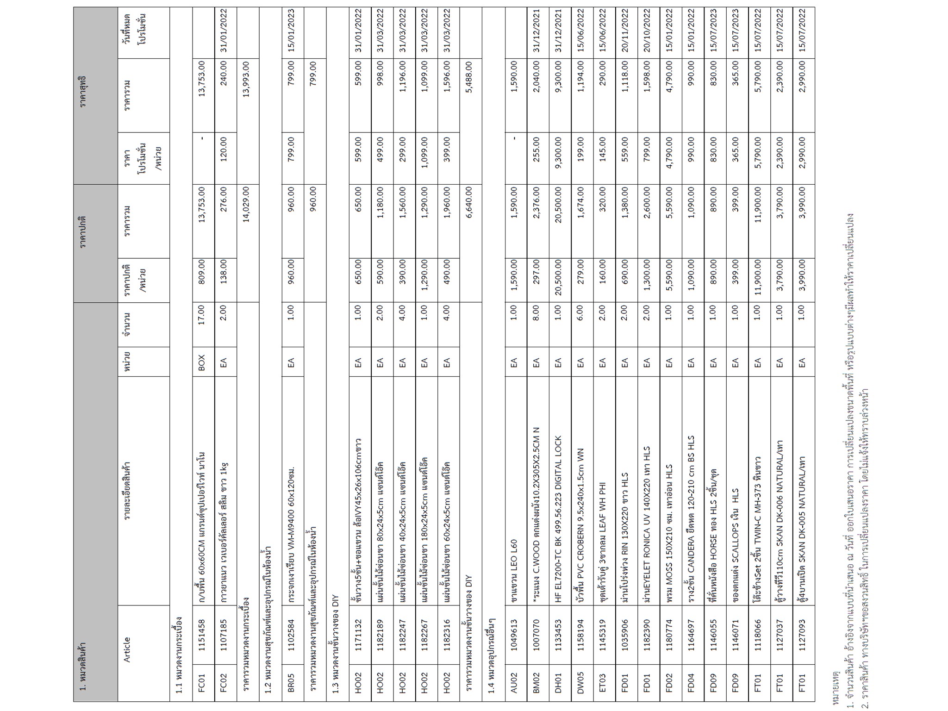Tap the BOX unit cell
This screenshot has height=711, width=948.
[x=202, y=361]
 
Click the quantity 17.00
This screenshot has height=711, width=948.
[x=202, y=324]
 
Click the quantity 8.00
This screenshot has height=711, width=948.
[x=536, y=324]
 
